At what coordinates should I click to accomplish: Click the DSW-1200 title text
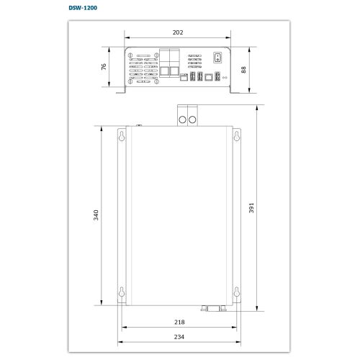pos(83,8)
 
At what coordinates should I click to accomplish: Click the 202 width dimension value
pos(178,32)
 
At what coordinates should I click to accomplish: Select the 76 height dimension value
pos(104,67)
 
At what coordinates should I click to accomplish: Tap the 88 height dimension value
pos(243,70)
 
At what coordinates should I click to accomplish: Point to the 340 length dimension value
pos(96,215)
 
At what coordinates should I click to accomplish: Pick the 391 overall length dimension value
pos(251,208)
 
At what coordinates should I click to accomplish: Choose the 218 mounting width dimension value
pos(179,322)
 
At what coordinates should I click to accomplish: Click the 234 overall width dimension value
pos(179,337)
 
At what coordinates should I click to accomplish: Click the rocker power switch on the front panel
pos(217,58)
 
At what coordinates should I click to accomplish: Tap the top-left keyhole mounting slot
pos(122,136)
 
